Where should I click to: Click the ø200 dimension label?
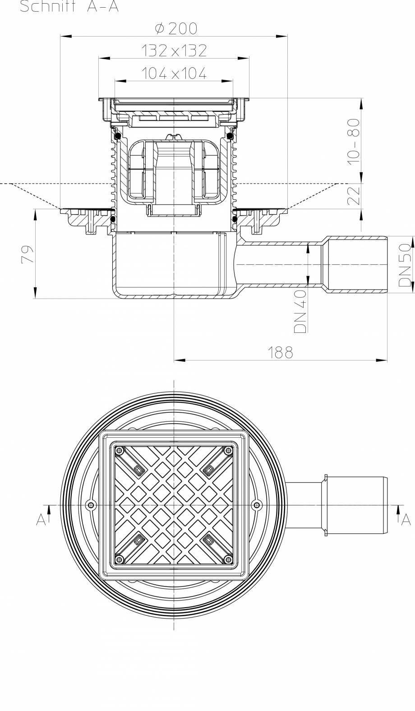pyautogui.click(x=176, y=29)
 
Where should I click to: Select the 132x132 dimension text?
pyautogui.click(x=174, y=51)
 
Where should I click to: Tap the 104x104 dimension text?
pyautogui.click(x=174, y=73)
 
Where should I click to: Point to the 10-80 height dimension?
pyautogui.click(x=355, y=140)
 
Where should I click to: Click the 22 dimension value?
pyautogui.click(x=355, y=196)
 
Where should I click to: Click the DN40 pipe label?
pyautogui.click(x=301, y=311)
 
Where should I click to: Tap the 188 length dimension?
pyautogui.click(x=281, y=352)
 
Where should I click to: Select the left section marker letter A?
pyautogui.click(x=41, y=520)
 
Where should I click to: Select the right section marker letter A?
pyautogui.click(x=406, y=520)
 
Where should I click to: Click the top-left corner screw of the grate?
pyautogui.click(x=120, y=450)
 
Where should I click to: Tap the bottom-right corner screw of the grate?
pyautogui.click(x=227, y=560)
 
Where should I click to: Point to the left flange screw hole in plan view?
pyautogui.click(x=90, y=505)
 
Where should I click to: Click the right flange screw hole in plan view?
pyautogui.click(x=257, y=505)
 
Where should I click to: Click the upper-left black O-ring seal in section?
pyautogui.click(x=117, y=135)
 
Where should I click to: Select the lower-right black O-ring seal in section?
pyautogui.click(x=235, y=219)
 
